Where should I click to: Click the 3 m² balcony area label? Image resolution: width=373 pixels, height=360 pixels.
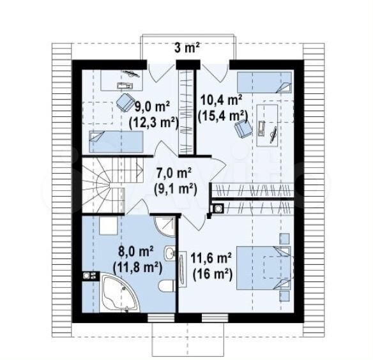tap(187, 49)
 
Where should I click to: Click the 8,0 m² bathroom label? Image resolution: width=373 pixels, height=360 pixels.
tap(136, 252)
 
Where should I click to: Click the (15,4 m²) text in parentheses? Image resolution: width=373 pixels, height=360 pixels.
tap(223, 116)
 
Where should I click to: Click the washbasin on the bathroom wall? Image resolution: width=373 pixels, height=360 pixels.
tap(170, 253)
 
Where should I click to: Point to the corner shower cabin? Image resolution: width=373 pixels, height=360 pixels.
tap(165, 227)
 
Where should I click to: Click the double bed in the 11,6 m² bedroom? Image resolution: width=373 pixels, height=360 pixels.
tap(264, 268)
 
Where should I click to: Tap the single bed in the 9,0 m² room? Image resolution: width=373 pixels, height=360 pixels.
tap(116, 142)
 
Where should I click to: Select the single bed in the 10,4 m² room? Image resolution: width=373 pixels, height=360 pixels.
tap(264, 82)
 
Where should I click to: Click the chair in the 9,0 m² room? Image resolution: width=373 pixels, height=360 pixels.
tap(125, 102)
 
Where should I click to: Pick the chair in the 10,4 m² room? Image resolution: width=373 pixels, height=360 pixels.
tap(243, 128)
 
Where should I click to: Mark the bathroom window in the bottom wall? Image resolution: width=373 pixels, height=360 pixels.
tap(161, 318)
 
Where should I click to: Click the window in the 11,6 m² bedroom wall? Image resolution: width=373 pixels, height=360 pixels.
tap(215, 318)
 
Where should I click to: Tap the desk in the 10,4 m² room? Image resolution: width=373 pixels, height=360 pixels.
tap(267, 125)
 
